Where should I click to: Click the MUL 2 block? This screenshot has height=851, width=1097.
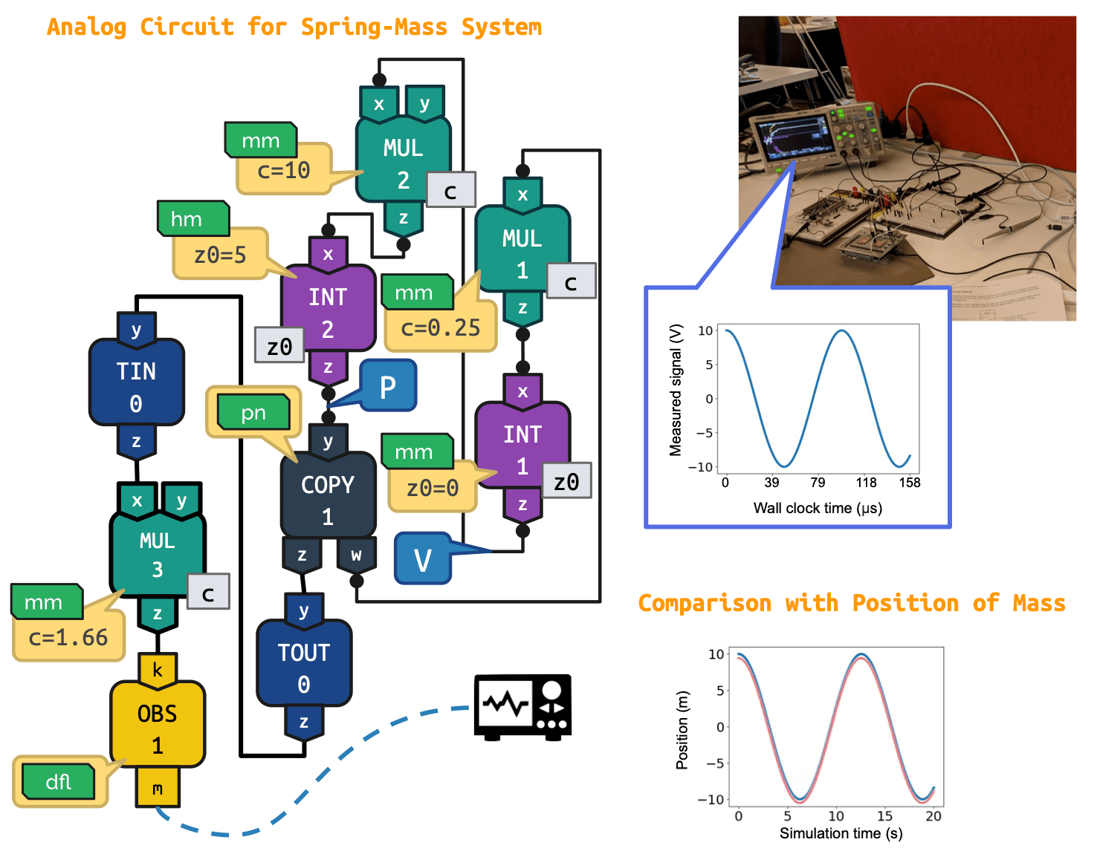pos(403,163)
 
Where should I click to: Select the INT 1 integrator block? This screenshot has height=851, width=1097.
pos(522,449)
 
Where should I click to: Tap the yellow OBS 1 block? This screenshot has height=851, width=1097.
pos(157,728)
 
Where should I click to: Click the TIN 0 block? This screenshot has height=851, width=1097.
pos(136,386)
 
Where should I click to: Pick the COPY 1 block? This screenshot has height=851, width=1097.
pos(328,499)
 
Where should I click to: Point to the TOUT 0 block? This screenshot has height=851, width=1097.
pos(303,667)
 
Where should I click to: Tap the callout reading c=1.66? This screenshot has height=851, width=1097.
pos(68,638)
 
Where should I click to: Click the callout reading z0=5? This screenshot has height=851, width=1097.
pos(220,256)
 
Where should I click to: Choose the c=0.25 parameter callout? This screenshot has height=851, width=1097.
pos(441,327)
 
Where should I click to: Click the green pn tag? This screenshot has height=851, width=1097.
pos(253,414)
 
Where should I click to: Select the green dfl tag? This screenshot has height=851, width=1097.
pos(59,782)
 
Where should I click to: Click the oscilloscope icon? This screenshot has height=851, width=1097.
pos(522,707)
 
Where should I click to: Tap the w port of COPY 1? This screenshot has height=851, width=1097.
pos(356,555)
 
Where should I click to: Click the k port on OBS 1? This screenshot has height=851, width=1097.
pos(157,669)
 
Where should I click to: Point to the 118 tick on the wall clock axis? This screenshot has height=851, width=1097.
pos(866,483)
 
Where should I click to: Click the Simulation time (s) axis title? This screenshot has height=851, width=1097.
pos(841,834)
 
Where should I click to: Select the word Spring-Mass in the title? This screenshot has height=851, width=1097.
pos(374,27)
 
